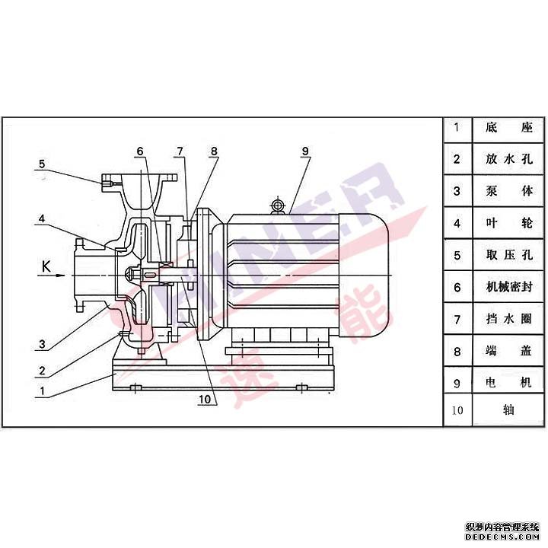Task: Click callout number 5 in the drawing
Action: (x=42, y=164)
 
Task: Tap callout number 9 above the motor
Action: (x=305, y=151)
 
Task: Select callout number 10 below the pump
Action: (x=205, y=399)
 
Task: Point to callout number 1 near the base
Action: (x=43, y=390)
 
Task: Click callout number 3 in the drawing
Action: (x=43, y=344)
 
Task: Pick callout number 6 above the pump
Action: (x=140, y=151)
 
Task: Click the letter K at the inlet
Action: (x=46, y=266)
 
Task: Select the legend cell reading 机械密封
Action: (x=509, y=287)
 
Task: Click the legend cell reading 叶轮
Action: (x=509, y=222)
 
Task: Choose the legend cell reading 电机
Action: (x=509, y=383)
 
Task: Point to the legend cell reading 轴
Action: (x=508, y=410)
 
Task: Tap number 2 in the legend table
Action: (x=457, y=159)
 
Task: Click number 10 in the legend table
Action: (x=457, y=410)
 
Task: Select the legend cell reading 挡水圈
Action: (x=509, y=319)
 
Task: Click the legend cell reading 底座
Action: (x=509, y=127)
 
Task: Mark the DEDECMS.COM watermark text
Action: (x=502, y=537)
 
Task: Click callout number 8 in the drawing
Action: (x=214, y=151)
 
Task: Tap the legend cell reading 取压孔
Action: (x=509, y=255)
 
